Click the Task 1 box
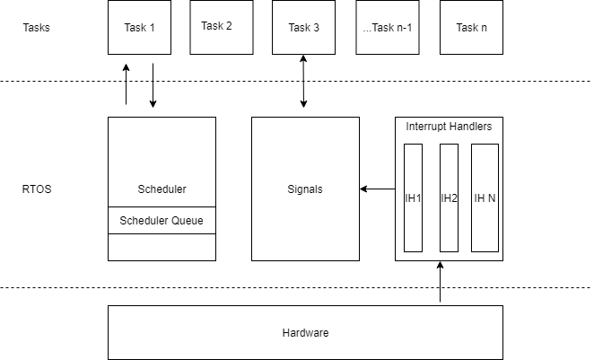[139, 27]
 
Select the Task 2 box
[216, 27]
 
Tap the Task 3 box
[303, 27]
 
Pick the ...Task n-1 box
[387, 27]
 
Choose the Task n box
[471, 27]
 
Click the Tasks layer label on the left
[36, 27]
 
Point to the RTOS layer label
[37, 189]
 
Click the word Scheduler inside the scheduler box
[162, 189]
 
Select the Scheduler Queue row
[162, 220]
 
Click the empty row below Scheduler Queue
[162, 247]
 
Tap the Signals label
[304, 189]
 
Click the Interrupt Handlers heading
[449, 127]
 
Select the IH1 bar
[413, 198]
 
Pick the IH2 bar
[449, 198]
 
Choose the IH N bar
[485, 198]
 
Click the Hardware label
[305, 333]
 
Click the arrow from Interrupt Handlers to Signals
[378, 189]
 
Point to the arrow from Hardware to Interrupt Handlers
[440, 283]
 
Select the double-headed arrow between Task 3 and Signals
[303, 82]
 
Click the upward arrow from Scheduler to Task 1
[127, 83]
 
